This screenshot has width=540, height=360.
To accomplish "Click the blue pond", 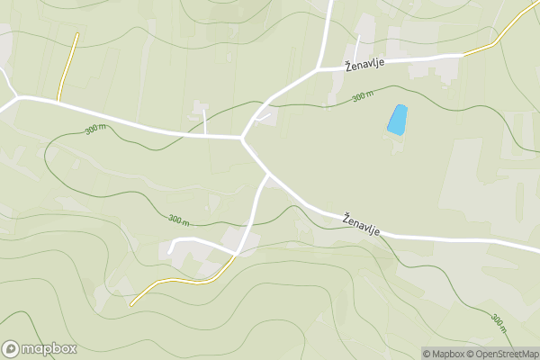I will tap(397, 120).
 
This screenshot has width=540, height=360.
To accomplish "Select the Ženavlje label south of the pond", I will tap(361, 224).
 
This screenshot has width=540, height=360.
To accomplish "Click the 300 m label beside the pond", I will tap(363, 96).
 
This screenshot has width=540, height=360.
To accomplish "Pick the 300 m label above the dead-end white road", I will tap(178, 219).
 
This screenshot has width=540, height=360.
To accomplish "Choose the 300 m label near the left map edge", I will tap(94, 130).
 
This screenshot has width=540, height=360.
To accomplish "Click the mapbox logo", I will tap(40, 348).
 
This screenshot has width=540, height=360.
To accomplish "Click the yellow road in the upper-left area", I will tap(67, 67).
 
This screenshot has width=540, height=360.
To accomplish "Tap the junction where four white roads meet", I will tap(242, 138).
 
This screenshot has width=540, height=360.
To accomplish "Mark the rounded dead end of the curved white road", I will tap(171, 247).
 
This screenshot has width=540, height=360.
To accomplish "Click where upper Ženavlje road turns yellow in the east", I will tap(463, 55).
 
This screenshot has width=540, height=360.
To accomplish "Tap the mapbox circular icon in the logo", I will tap(11, 348).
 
